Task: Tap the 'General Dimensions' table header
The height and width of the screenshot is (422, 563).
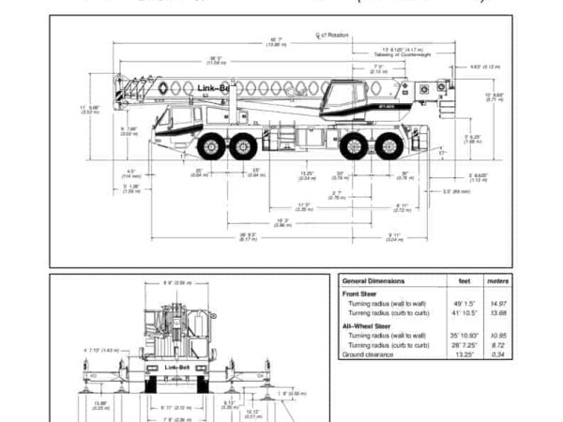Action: [374, 280]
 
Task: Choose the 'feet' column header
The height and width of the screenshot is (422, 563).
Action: [464, 280]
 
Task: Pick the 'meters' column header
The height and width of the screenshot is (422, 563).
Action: [497, 280]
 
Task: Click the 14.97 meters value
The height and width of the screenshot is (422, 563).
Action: [497, 304]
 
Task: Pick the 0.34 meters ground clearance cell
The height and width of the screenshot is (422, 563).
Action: [498, 354]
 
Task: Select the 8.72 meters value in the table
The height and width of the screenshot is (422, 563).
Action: [498, 344]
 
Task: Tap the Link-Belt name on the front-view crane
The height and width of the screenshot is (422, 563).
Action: [177, 367]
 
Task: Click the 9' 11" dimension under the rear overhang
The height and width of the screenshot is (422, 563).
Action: [395, 235]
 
